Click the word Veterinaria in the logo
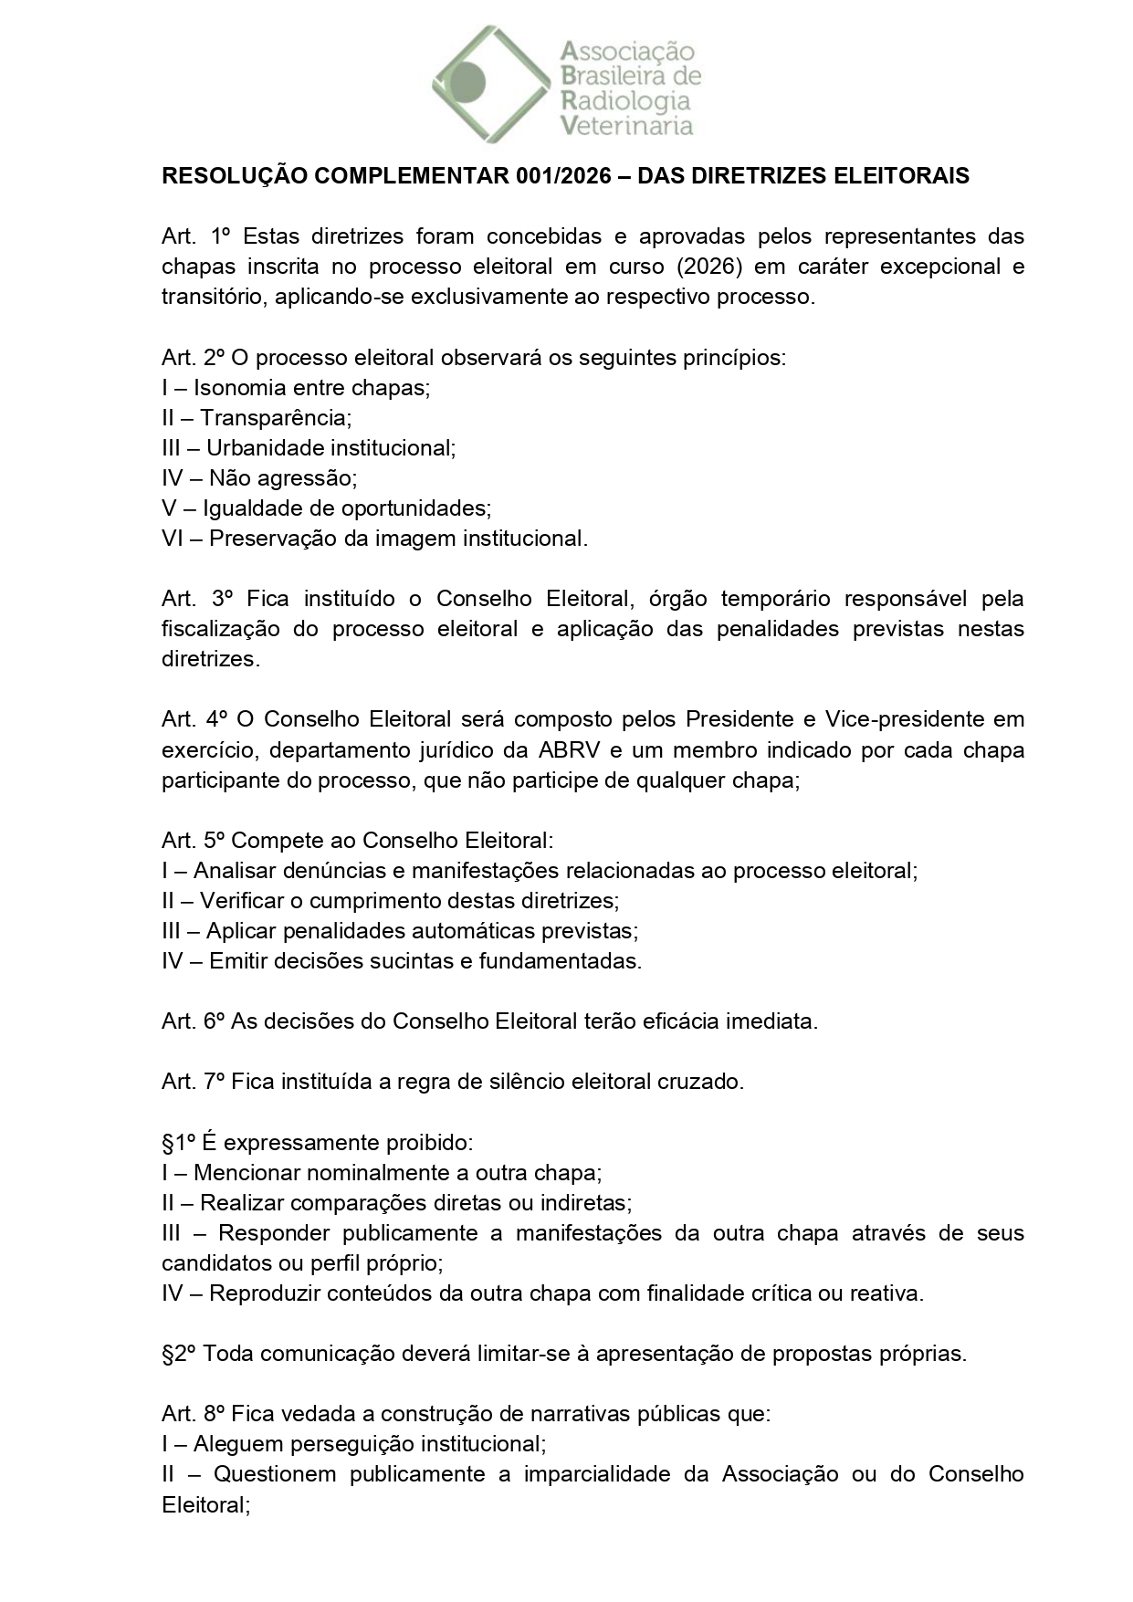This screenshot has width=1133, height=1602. [626, 126]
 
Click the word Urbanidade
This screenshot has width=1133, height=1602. [265, 447]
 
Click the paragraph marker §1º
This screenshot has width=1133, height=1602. [180, 1143]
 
